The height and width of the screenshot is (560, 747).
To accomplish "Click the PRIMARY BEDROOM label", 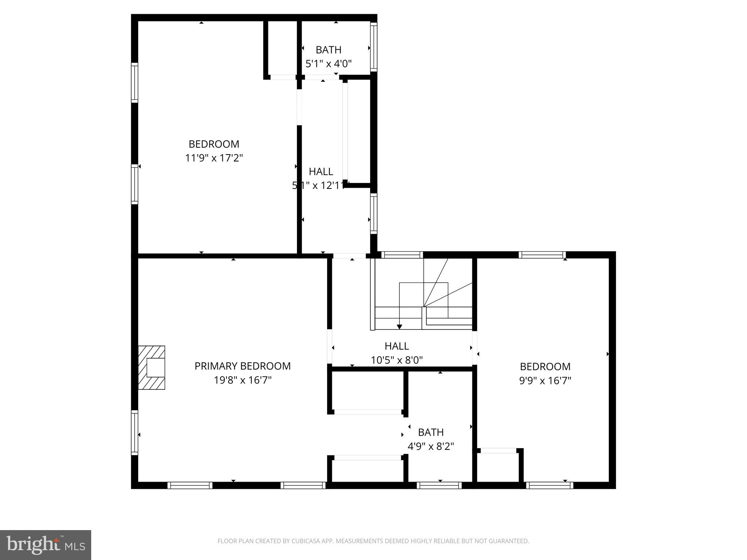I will [243, 366].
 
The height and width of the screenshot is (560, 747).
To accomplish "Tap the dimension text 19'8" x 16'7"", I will [243, 380].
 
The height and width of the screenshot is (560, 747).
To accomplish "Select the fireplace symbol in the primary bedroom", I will [152, 367].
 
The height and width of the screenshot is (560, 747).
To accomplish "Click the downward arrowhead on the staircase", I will [399, 327].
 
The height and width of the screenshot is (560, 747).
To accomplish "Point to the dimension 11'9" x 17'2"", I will [214, 158].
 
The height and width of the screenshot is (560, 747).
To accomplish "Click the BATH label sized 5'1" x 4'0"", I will [328, 50].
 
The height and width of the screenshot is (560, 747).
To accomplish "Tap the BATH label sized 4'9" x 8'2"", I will [431, 432].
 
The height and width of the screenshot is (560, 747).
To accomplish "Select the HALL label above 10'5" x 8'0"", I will [396, 346].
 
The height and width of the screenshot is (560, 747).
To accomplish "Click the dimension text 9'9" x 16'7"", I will [545, 381].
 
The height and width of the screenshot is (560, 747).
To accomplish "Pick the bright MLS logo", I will [46, 545].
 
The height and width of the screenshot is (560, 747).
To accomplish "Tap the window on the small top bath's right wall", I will [373, 47].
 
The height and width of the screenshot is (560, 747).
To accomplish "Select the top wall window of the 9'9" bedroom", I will [542, 255].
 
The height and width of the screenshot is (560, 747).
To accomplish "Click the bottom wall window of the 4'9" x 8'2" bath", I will [439, 485].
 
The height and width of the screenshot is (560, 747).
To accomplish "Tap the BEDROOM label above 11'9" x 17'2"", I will [214, 144].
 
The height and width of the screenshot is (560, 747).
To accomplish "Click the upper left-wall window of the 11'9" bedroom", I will [135, 82].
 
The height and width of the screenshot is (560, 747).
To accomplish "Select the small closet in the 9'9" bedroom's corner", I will [498, 468].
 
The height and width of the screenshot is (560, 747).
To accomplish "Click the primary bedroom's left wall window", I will [135, 433].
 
